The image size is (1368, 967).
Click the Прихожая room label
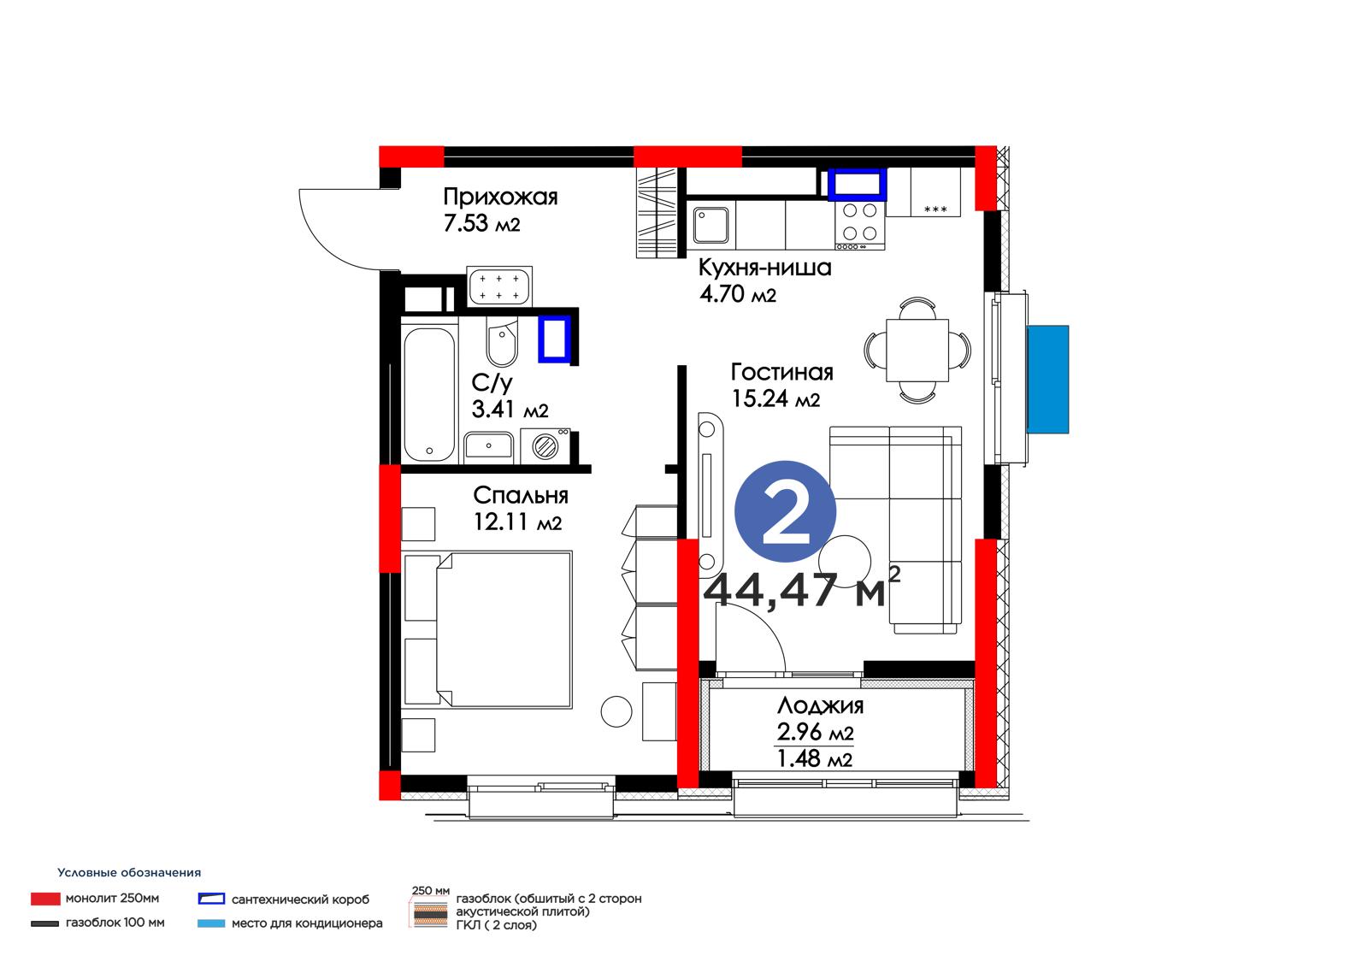pyautogui.click(x=500, y=198)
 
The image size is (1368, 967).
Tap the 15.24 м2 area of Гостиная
pyautogui.click(x=775, y=399)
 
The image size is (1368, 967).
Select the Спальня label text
pyautogui.click(x=521, y=495)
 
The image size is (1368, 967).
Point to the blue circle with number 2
pyautogui.click(x=785, y=511)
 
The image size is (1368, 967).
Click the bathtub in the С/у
pyautogui.click(x=429, y=395)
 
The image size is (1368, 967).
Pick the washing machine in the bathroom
pyautogui.click(x=545, y=446)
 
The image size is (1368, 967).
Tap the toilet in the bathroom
pyautogui.click(x=502, y=341)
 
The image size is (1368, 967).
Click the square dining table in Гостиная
pyautogui.click(x=917, y=350)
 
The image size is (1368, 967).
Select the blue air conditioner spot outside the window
pyautogui.click(x=1048, y=379)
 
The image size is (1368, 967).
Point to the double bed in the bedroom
pyautogui.click(x=487, y=630)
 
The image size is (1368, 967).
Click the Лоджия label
pyautogui.click(x=820, y=706)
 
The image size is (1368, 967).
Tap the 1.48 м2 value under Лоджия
pyautogui.click(x=814, y=758)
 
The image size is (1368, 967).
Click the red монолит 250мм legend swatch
pyautogui.click(x=46, y=899)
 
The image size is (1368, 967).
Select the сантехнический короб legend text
pyautogui.click(x=300, y=899)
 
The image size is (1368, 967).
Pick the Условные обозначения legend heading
pyautogui.click(x=129, y=872)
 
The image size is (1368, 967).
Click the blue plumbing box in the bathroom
pyautogui.click(x=554, y=339)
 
